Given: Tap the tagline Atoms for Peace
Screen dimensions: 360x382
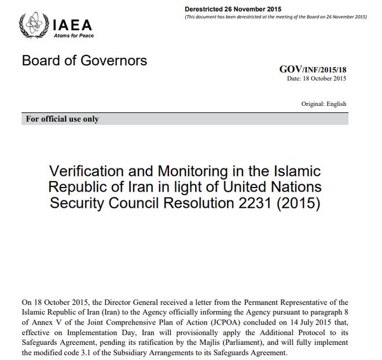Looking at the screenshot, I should [73, 36].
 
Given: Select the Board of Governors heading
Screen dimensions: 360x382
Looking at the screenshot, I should [85, 61].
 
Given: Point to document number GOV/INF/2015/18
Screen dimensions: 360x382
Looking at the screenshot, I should [313, 69].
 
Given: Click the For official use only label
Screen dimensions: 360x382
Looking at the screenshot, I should [63, 119].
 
